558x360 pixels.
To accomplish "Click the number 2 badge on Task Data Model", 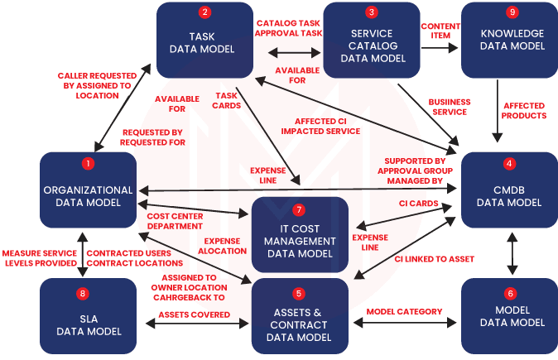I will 204,12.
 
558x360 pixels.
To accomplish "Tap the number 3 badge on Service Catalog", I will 372,12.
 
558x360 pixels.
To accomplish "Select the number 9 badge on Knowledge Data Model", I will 512,12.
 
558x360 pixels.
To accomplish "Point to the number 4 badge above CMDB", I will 510,164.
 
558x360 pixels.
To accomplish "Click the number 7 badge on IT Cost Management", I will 299,210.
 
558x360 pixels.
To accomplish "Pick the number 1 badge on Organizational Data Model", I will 89,164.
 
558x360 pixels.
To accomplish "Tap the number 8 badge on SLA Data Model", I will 81,294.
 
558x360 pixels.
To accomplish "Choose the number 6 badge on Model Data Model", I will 510,294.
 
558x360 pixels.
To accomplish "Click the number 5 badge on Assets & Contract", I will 299,294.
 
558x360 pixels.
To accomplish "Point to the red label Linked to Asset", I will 438,259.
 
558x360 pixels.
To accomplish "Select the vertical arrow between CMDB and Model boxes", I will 512,253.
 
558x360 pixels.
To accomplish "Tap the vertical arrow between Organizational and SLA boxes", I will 81,253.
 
